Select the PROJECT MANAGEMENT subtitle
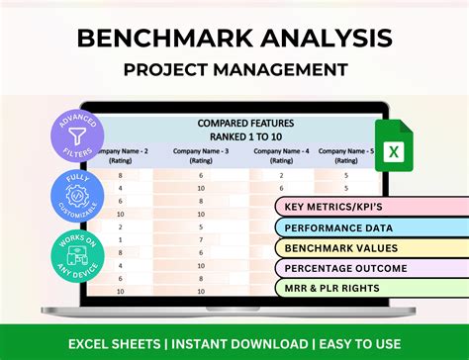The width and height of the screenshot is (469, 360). point(234,69)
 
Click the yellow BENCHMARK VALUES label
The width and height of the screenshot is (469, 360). point(341,247)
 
